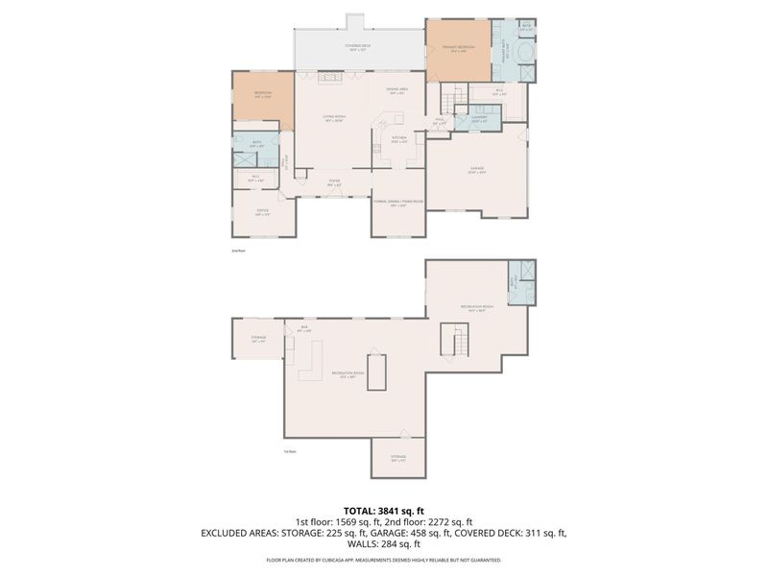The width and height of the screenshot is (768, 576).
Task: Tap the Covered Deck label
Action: click(x=358, y=47)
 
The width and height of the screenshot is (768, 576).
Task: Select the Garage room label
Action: click(x=477, y=169)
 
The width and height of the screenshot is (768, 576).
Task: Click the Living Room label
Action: click(x=334, y=117)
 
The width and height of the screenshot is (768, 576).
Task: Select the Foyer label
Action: click(x=334, y=180)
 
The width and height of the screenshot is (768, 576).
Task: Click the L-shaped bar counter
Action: click(x=310, y=363)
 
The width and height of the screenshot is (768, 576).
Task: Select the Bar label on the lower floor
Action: click(x=304, y=328)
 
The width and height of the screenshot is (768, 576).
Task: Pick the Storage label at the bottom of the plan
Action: click(x=397, y=457)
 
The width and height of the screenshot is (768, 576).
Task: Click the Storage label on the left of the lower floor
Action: click(x=258, y=338)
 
